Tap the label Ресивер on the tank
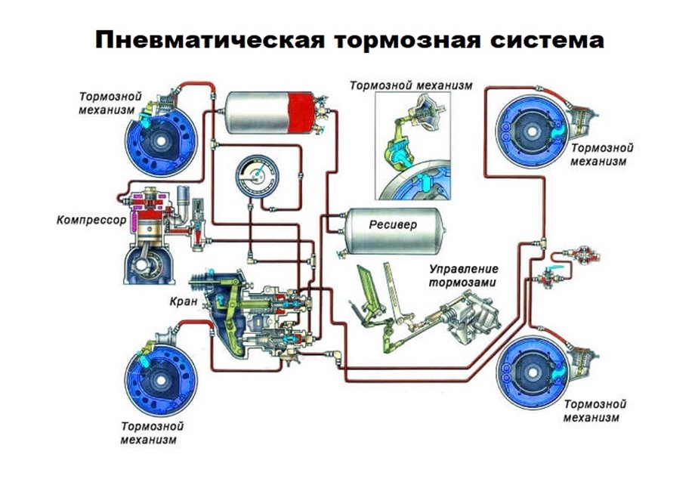pyautogui.click(x=391, y=225)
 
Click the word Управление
pyautogui.click(x=465, y=270)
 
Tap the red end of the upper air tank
pyautogui.click(x=304, y=112)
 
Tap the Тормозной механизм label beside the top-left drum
pyautogui.click(x=107, y=103)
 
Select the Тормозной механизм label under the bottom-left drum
pyautogui.click(x=151, y=432)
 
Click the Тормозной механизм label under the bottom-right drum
pyautogui.click(x=595, y=411)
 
